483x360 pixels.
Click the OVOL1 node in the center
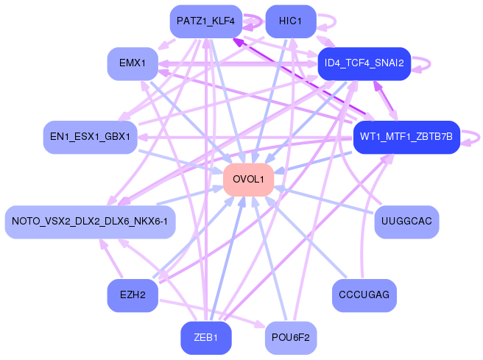tap(249, 180)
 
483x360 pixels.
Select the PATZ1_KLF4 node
tap(205, 21)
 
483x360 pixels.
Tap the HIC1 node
tap(291, 21)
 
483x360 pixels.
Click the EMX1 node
tap(133, 64)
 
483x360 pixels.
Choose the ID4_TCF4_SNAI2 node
tap(364, 64)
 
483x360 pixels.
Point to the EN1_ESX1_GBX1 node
tap(91, 137)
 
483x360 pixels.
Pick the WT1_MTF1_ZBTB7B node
tap(406, 137)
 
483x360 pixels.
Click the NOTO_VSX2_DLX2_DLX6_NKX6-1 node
tap(91, 222)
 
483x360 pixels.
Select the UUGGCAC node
tap(406, 222)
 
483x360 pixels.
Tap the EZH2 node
tap(133, 295)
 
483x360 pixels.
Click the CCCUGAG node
tap(364, 295)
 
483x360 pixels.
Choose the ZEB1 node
tap(205, 338)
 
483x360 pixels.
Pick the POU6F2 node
tap(291, 338)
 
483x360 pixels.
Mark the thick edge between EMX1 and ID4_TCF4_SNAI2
tap(238, 64)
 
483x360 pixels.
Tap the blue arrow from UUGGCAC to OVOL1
tap(324, 200)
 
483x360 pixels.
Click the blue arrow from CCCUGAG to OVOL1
tap(306, 236)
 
